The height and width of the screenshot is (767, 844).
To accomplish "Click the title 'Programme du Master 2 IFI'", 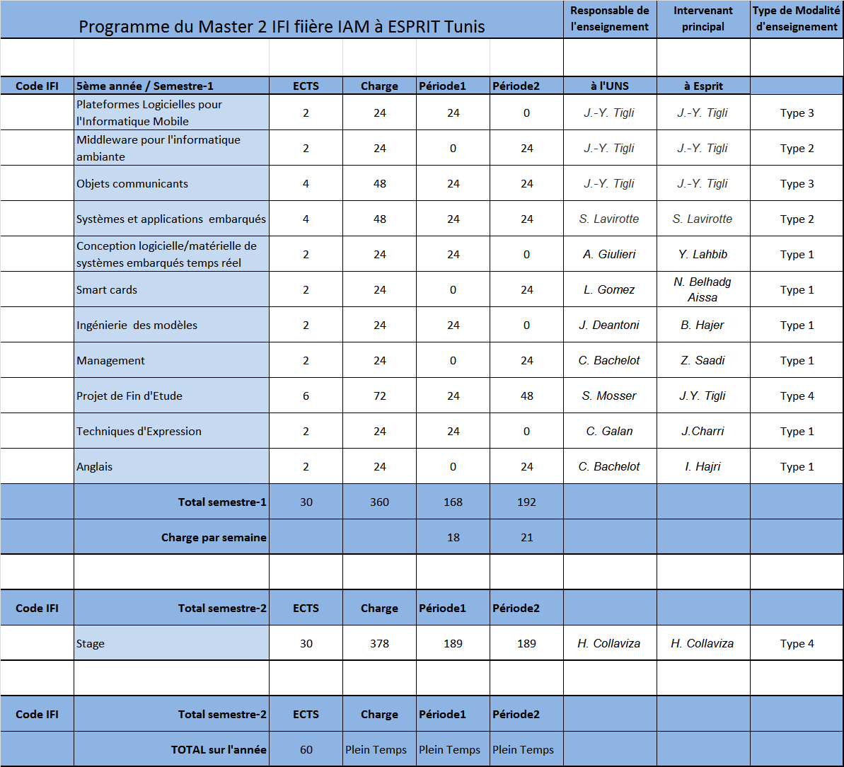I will click(282, 27).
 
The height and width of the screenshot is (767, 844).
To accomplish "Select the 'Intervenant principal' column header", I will click(703, 19).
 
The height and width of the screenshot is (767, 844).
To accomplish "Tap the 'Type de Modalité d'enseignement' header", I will click(796, 19).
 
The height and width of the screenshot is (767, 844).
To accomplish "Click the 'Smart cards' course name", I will click(107, 289).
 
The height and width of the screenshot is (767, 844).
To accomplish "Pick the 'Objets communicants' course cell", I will click(132, 183).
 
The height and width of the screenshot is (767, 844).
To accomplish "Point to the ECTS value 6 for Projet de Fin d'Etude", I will click(306, 396).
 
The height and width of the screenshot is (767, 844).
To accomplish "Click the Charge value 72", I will click(379, 396).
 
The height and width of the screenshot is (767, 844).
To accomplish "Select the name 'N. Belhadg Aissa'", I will click(703, 289).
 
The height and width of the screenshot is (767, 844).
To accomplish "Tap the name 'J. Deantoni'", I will click(609, 325).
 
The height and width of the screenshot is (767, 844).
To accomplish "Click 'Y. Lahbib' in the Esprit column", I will click(703, 254).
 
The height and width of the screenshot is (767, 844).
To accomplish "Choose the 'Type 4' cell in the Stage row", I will click(797, 643).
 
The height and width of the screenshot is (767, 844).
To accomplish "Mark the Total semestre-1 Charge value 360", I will click(379, 502).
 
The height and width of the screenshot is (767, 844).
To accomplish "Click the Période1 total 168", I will click(453, 502).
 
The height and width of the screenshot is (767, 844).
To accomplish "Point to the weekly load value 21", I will click(526, 537).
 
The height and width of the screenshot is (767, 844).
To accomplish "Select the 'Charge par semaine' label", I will click(214, 537).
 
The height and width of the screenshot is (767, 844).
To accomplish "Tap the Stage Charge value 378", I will click(379, 643).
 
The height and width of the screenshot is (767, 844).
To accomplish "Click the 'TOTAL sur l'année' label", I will click(219, 749).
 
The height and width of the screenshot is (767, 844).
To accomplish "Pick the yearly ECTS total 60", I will click(306, 749).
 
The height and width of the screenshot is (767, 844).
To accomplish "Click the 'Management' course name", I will click(111, 360).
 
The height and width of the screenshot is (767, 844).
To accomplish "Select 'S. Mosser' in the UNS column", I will click(609, 396).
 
